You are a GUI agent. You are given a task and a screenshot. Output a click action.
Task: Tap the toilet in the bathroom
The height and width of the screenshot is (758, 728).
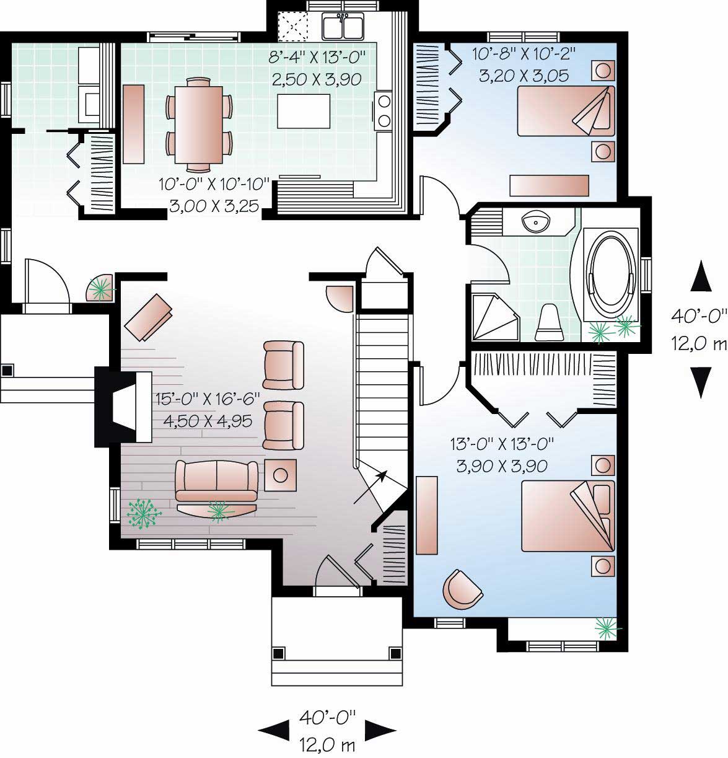coord(549,323)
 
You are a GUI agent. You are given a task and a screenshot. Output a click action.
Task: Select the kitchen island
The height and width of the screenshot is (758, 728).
coord(304,111)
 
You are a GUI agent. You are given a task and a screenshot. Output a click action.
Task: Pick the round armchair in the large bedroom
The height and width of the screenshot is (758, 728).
coord(462,589)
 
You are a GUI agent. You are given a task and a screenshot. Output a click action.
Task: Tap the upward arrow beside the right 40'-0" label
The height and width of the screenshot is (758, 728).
coord(701,276)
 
